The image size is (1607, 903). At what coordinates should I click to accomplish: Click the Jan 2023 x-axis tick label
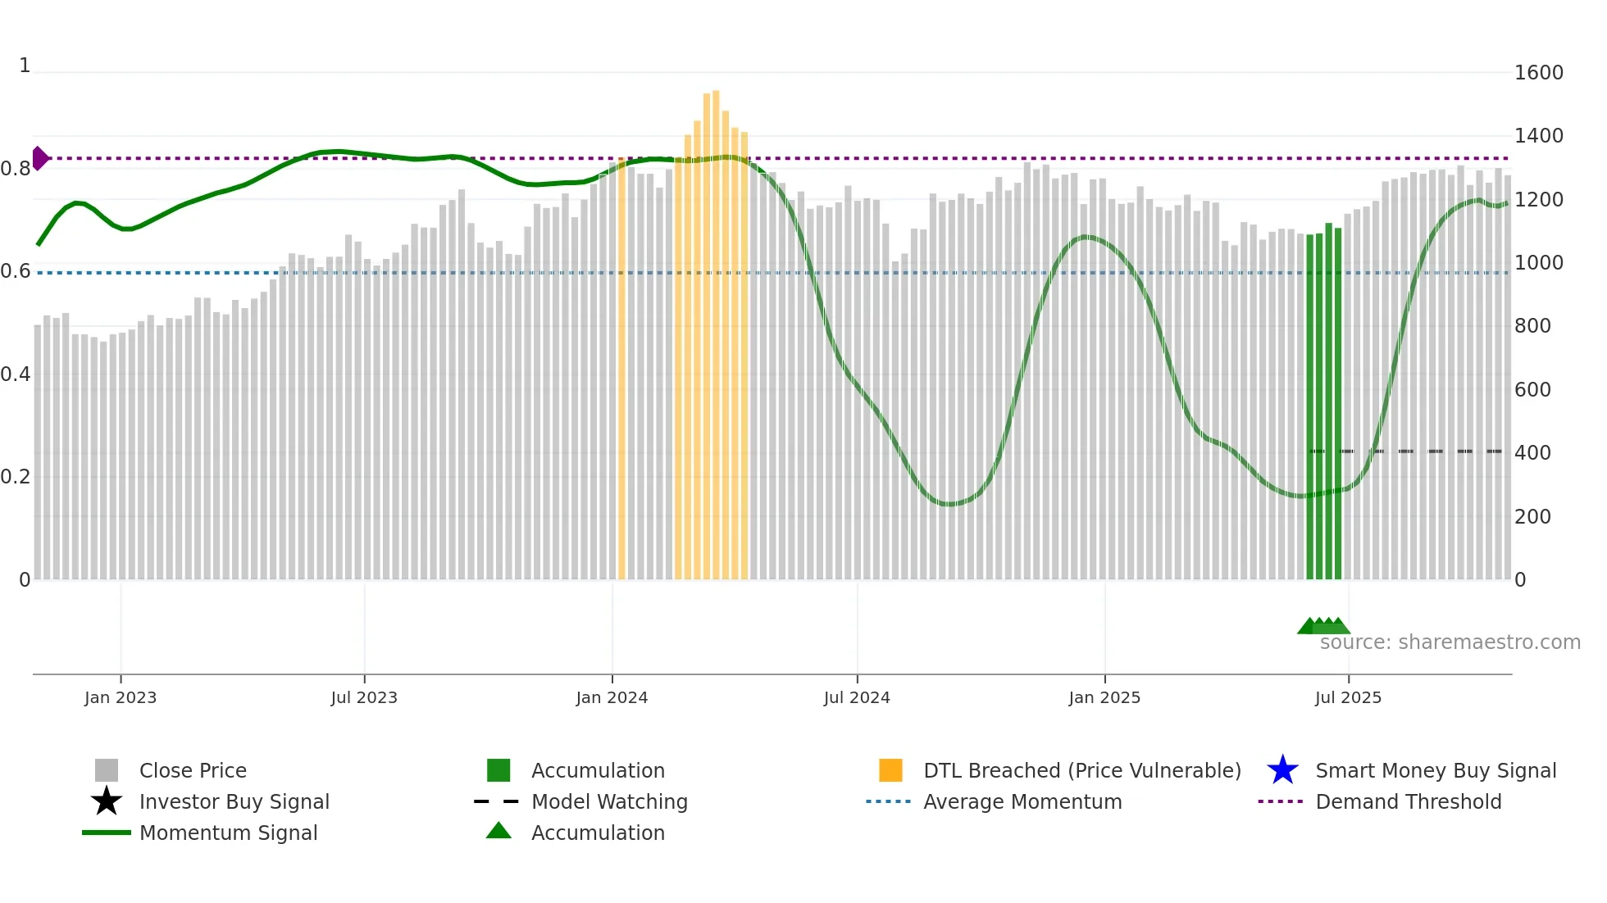[x=121, y=697]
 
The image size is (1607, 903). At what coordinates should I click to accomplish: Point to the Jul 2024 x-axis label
[x=857, y=697]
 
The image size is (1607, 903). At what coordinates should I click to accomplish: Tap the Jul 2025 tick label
[x=1348, y=697]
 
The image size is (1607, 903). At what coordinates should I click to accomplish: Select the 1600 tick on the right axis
[x=1538, y=73]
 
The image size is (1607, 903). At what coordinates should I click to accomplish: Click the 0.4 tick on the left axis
[x=16, y=374]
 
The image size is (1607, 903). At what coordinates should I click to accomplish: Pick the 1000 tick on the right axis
[x=1538, y=263]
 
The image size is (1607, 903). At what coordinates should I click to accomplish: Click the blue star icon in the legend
[x=1282, y=770]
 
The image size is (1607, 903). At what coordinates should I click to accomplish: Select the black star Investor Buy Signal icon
[x=107, y=801]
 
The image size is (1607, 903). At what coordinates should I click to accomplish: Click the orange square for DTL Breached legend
[x=890, y=770]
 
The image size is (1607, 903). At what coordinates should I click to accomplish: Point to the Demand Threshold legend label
[x=1408, y=801]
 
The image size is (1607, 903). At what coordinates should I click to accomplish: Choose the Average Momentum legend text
[x=1022, y=801]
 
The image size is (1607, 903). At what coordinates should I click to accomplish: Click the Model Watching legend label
[x=609, y=801]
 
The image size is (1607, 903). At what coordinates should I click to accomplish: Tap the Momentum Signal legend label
[x=228, y=833]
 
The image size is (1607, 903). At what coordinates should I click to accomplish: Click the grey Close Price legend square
[x=107, y=770]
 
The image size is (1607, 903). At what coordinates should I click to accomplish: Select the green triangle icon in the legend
[x=498, y=831]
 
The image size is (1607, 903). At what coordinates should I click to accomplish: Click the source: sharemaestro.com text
[x=1450, y=642]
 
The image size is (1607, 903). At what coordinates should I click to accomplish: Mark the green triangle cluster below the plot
[x=1323, y=627]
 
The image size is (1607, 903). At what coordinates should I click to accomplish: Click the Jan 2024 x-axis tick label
[x=612, y=697]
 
